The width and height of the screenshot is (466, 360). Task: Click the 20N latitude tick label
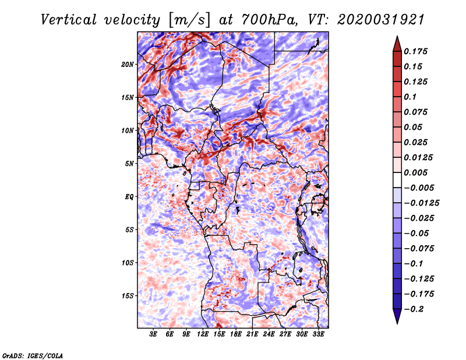click(128, 65)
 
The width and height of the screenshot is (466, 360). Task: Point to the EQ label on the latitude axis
click(129, 197)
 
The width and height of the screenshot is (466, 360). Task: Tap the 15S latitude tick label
click(128, 296)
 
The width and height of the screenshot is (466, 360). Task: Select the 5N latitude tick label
click(129, 164)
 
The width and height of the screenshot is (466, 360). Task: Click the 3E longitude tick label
click(153, 334)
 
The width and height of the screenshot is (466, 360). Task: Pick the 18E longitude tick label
click(235, 334)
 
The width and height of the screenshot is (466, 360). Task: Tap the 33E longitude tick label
click(318, 334)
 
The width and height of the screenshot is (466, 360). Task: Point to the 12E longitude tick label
click(202, 334)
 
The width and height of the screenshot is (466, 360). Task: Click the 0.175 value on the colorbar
click(415, 51)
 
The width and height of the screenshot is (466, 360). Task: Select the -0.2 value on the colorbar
click(414, 309)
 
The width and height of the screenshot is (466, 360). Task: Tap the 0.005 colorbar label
click(415, 172)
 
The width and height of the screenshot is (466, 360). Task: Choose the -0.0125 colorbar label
click(421, 203)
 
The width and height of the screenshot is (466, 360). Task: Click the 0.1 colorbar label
click(410, 97)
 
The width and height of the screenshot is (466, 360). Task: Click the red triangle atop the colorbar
click(397, 44)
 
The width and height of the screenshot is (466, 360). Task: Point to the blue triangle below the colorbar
click(397, 316)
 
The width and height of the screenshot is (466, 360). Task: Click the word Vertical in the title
click(69, 20)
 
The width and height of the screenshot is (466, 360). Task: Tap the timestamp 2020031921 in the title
click(381, 20)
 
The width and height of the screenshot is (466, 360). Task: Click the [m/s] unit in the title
click(189, 20)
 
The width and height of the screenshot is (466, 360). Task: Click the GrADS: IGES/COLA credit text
click(33, 356)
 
